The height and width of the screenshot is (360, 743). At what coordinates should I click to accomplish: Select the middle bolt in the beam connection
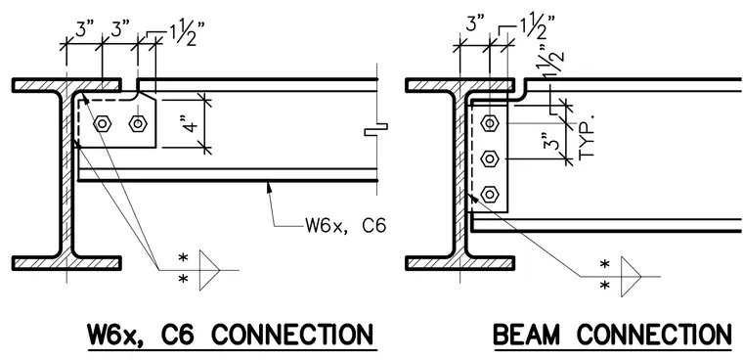coord(490,158)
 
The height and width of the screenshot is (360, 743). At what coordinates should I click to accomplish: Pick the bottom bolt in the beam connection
coord(490,194)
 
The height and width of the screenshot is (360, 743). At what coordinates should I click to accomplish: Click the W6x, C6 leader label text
coord(345,225)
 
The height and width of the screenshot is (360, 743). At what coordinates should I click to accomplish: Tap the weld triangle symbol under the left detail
coord(209,270)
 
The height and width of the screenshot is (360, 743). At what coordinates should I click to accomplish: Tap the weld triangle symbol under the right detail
coord(631,277)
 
